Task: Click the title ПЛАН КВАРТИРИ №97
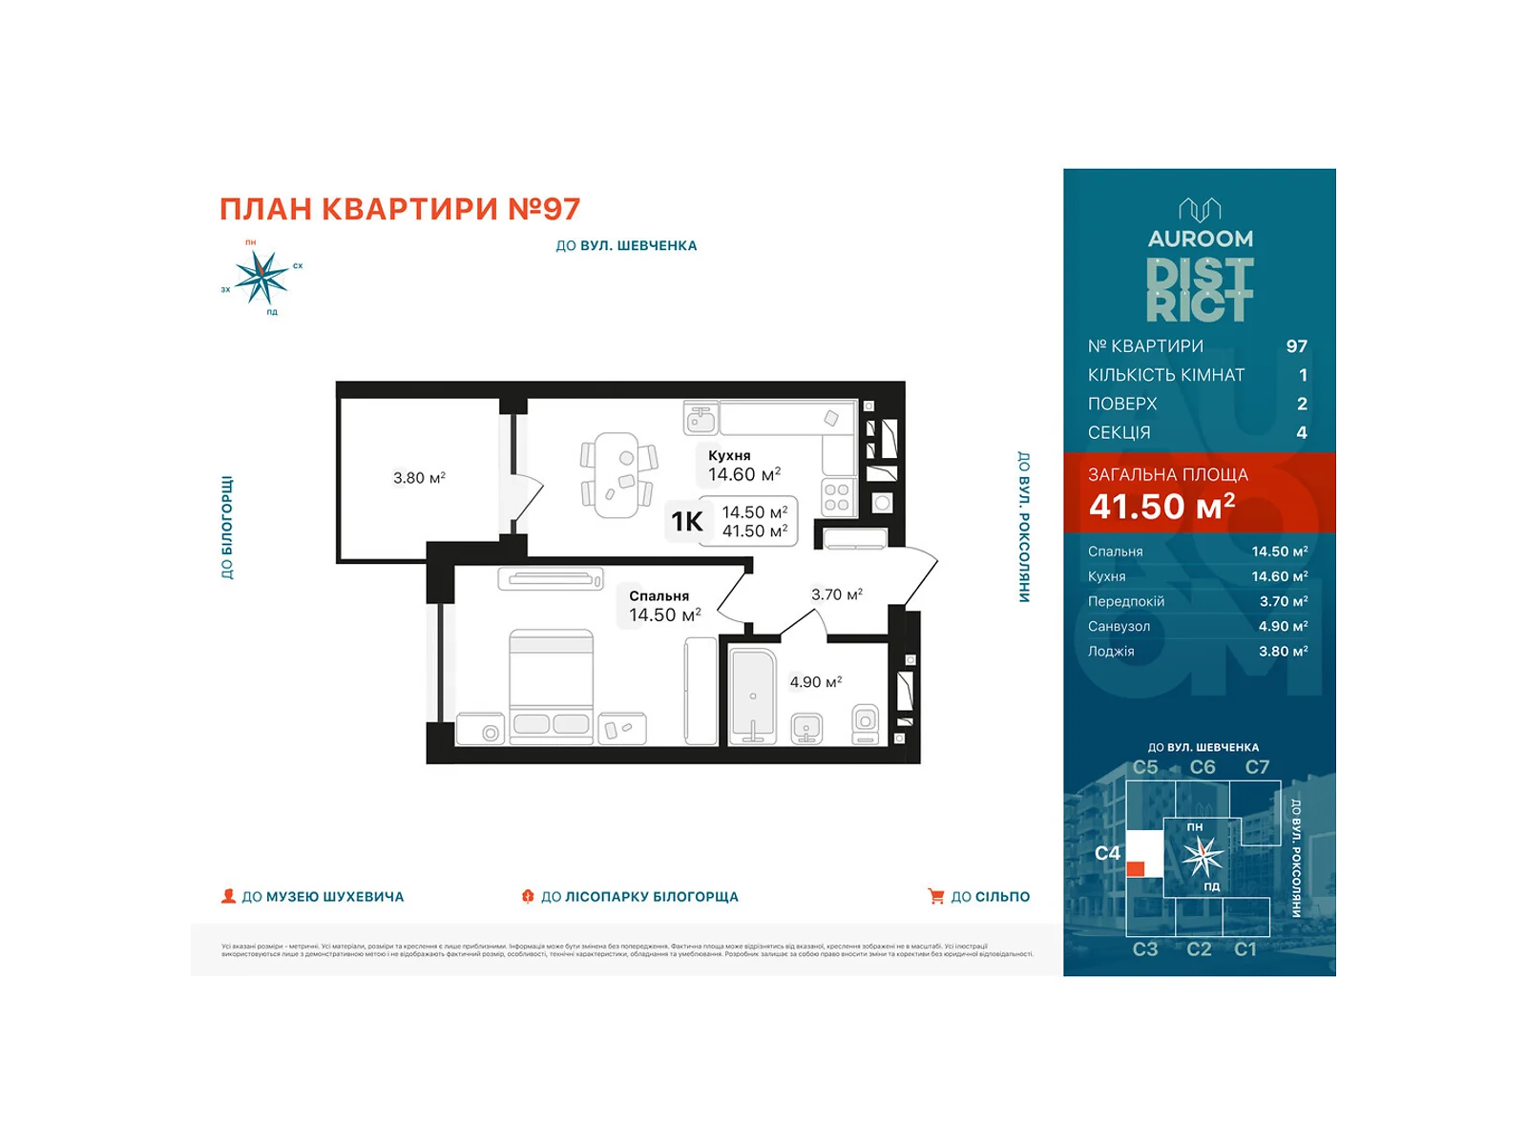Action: click(x=400, y=209)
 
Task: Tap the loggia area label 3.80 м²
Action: click(x=419, y=477)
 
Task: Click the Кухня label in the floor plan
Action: click(x=729, y=455)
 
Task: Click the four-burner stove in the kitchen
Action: click(x=837, y=497)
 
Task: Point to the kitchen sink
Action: click(x=701, y=418)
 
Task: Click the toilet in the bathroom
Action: click(x=866, y=724)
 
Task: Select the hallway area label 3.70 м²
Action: click(x=836, y=594)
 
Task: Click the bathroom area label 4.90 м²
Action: click(x=815, y=682)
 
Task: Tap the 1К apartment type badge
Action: click(x=687, y=521)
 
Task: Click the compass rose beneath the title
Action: click(x=261, y=277)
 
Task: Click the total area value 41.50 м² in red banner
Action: click(x=1161, y=507)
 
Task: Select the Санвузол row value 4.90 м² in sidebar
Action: click(x=1283, y=626)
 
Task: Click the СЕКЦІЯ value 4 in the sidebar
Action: click(x=1301, y=432)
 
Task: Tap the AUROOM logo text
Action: click(x=1200, y=239)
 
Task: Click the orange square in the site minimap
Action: click(x=1136, y=868)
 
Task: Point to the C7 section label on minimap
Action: click(x=1257, y=767)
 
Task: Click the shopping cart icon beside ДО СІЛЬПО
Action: click(x=935, y=896)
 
